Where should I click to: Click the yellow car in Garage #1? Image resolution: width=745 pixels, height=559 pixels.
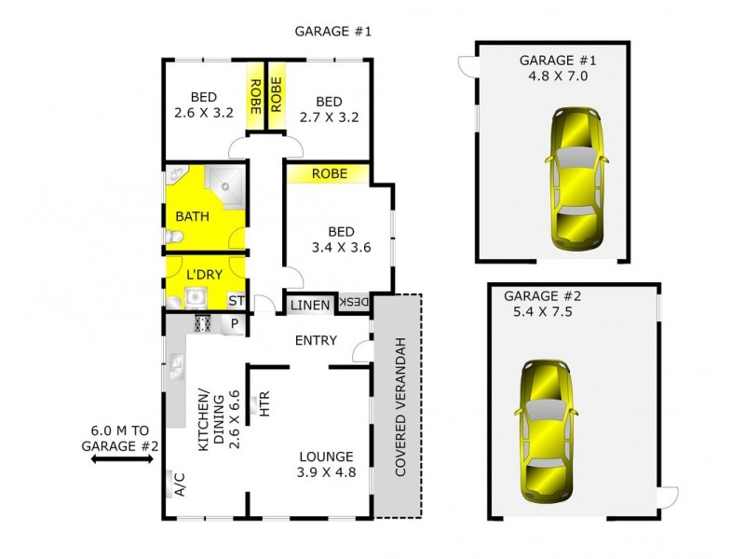pyautogui.click(x=577, y=177)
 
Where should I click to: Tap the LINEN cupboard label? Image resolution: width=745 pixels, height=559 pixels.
pyautogui.click(x=309, y=305)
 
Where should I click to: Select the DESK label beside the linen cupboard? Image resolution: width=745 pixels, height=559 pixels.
pyautogui.click(x=355, y=303)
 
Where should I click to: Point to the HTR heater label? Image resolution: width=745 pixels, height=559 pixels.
pyautogui.click(x=264, y=403)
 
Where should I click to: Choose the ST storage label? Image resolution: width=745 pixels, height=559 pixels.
pyautogui.click(x=237, y=301)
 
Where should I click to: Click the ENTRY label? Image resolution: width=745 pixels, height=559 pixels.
pyautogui.click(x=316, y=341)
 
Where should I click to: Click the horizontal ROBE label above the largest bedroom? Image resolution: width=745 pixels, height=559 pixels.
pyautogui.click(x=330, y=174)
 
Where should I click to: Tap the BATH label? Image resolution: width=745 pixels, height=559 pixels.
pyautogui.click(x=193, y=217)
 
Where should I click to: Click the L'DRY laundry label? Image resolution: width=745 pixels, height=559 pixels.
pyautogui.click(x=203, y=275)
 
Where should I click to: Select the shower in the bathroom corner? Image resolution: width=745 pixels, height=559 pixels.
pyautogui.click(x=224, y=186)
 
